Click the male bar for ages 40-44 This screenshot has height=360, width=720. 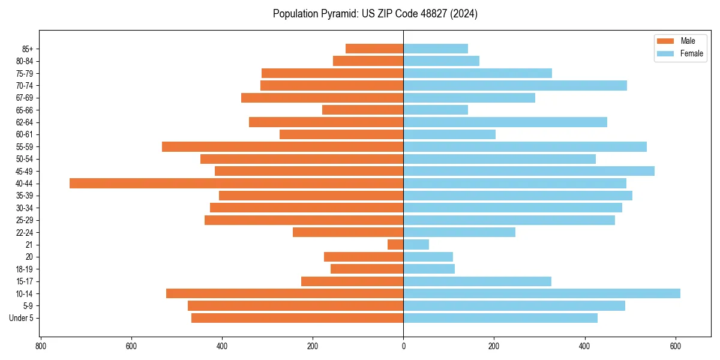point(236,183)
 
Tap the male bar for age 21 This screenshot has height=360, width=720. point(395,244)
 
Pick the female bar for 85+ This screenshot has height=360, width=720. point(436,49)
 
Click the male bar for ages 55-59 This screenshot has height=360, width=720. point(283,146)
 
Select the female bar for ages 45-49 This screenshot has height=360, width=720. point(529,171)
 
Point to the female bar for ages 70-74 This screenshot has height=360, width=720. point(515,85)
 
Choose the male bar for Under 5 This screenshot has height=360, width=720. point(297,318)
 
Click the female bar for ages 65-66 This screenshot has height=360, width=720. point(436,110)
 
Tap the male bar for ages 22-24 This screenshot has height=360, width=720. point(348,232)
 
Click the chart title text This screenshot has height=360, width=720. point(375,14)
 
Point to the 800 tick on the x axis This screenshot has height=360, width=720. point(41,346)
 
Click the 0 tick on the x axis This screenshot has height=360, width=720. point(403,346)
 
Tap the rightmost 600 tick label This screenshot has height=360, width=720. point(676,346)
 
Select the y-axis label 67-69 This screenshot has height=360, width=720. point(24,98)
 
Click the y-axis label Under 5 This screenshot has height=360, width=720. point(21,318)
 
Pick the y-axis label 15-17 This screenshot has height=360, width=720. point(24,281)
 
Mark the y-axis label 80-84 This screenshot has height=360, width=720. point(24,61)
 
